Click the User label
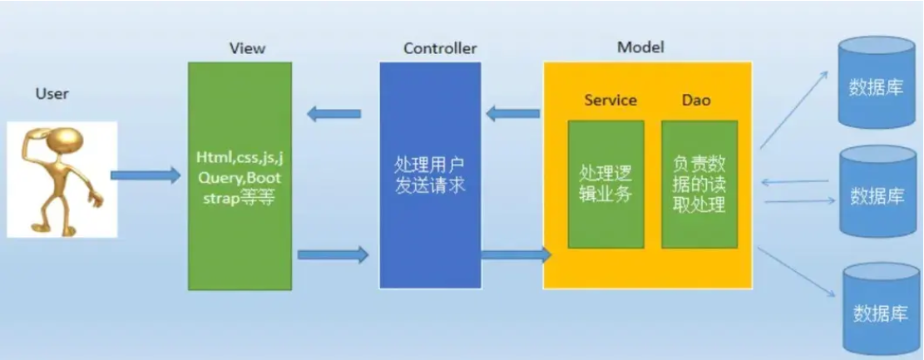coord(52,93)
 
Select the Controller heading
coord(440,48)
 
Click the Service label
coord(610,100)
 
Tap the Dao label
coord(696,100)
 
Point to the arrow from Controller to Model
coord(512,254)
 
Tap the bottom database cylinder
coord(878,308)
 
